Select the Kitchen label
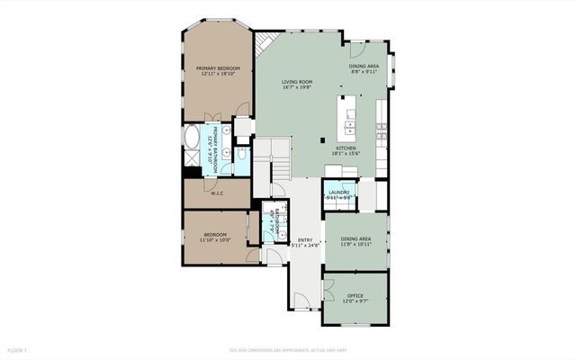coord(346,150)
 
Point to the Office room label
coord(355,298)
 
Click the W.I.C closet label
coord(217,193)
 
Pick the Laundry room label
coord(339,193)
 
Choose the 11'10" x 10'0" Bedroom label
coord(215,237)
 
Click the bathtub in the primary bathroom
coord(193,139)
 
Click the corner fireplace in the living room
coord(263,43)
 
